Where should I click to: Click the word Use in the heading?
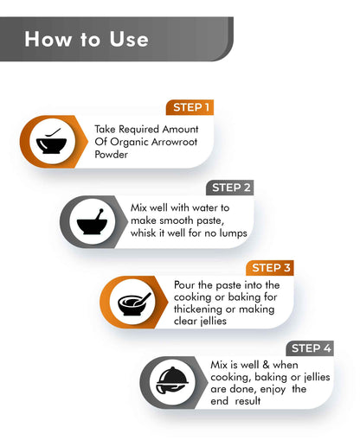129,39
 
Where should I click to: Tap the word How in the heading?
48,39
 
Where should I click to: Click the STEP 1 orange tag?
190,107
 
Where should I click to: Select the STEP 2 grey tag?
230,188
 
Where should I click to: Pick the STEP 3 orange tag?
270,268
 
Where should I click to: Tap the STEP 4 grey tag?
310,348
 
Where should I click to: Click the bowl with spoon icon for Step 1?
51,142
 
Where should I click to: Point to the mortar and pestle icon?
92,222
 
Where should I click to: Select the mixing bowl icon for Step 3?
134,303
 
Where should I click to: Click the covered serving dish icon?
172,381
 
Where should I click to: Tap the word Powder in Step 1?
112,155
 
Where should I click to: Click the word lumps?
234,233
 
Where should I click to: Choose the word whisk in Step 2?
143,233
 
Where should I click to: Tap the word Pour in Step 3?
184,285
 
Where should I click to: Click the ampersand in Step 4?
266,365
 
